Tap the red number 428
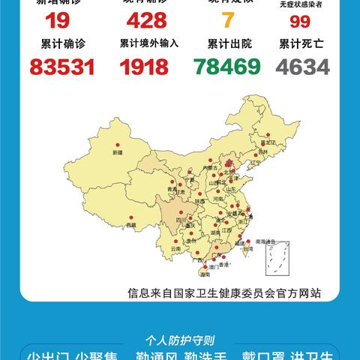pyautogui.click(x=148, y=20)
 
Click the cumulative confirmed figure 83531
pyautogui.click(x=52, y=67)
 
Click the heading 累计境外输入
pyautogui.click(x=148, y=44)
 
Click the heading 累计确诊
pyautogui.click(x=52, y=44)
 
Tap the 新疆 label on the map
pyautogui.click(x=116, y=152)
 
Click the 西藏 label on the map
pyautogui.click(x=131, y=224)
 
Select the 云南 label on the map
pyautogui.click(x=175, y=247)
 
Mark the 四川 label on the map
pyautogui.click(x=180, y=220)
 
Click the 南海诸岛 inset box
pyautogui.click(x=271, y=259)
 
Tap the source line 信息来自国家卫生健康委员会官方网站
pyautogui.click(x=223, y=294)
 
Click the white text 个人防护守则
pyautogui.click(x=180, y=338)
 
